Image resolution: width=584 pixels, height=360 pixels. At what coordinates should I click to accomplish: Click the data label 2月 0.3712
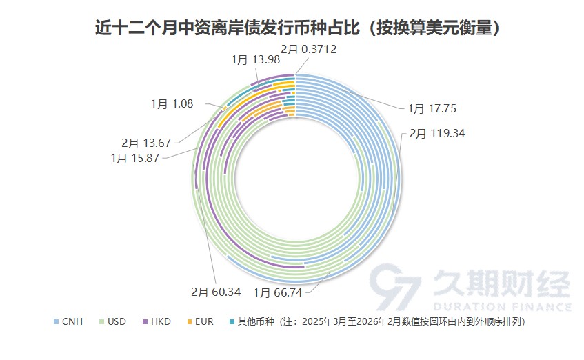309,50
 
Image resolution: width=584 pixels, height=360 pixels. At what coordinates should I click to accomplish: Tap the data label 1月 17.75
432,108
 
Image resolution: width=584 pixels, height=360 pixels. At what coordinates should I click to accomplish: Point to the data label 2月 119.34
437,133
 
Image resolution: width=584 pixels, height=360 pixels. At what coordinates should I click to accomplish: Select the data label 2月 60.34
215,292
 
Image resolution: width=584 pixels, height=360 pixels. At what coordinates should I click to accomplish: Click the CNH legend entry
72,322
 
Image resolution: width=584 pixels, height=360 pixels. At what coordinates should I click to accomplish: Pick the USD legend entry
117,322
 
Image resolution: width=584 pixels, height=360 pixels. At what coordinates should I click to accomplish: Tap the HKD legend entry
161,322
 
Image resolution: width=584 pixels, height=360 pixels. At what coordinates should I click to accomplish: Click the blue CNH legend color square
57,322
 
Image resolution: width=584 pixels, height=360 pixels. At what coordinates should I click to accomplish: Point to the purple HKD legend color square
145,322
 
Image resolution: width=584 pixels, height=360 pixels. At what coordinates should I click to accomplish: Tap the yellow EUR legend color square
190,322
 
